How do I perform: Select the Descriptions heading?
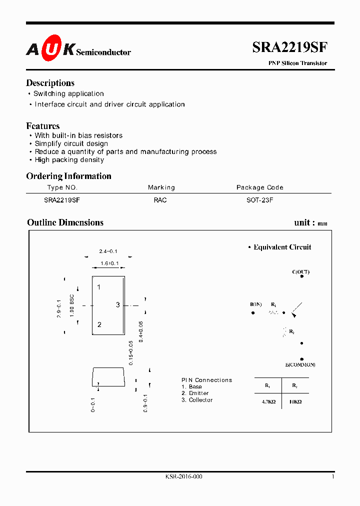(x=50, y=83)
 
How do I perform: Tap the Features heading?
(x=43, y=126)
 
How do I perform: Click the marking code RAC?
(x=160, y=200)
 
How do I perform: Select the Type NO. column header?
(x=62, y=187)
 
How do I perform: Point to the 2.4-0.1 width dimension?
(x=108, y=251)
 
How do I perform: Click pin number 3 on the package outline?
(x=118, y=304)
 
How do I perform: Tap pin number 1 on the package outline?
(x=99, y=287)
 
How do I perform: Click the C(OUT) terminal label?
(x=300, y=272)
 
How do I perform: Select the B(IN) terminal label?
(x=256, y=304)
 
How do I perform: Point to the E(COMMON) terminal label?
(x=300, y=364)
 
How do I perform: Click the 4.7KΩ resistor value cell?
(x=268, y=402)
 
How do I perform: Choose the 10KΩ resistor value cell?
(x=295, y=402)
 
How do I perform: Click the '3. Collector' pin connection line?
(x=197, y=400)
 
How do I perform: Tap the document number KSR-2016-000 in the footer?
(x=183, y=477)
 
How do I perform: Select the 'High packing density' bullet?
(x=69, y=160)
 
